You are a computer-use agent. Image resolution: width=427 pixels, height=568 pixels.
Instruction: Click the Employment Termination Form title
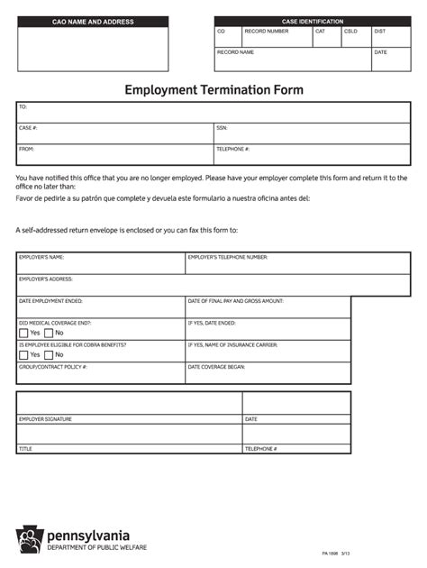(213, 90)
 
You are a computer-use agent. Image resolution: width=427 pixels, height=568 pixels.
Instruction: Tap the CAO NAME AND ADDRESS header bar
(93, 22)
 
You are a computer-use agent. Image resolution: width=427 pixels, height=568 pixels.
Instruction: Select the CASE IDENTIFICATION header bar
(305, 21)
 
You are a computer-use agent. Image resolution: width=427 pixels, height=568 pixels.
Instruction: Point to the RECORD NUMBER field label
(267, 31)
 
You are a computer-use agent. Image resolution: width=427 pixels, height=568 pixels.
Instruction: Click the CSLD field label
(350, 31)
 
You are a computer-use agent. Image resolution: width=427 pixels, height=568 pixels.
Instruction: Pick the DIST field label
(380, 31)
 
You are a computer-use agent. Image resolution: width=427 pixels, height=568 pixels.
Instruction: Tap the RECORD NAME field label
(235, 52)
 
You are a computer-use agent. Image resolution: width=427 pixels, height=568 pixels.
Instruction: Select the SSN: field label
(222, 128)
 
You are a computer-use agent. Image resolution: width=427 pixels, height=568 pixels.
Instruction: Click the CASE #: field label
(28, 128)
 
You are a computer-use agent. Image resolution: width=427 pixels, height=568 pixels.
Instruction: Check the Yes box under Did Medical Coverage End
(23, 333)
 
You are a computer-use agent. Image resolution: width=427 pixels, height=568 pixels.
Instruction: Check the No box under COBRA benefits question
(49, 354)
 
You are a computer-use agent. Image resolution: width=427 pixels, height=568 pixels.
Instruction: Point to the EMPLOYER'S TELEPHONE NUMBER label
(227, 257)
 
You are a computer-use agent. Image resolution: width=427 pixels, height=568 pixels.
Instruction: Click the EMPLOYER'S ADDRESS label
(46, 279)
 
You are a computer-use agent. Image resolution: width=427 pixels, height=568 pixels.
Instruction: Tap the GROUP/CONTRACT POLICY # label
(53, 367)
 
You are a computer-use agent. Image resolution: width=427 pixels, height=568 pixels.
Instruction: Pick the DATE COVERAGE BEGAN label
(216, 367)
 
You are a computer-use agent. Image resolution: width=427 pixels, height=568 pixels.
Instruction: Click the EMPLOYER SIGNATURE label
(45, 419)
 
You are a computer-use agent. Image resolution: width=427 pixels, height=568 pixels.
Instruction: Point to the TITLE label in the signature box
(25, 448)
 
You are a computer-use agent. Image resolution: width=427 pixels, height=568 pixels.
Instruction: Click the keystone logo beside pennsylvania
(29, 539)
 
